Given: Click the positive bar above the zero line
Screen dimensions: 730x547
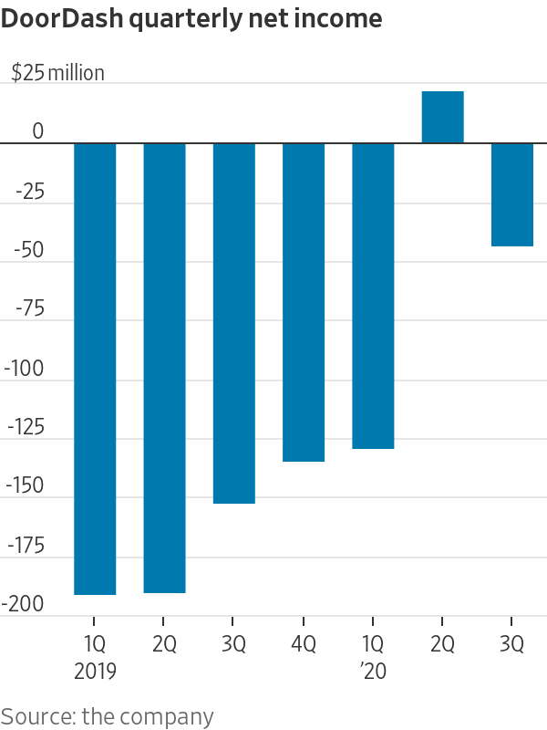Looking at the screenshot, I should tap(442, 118).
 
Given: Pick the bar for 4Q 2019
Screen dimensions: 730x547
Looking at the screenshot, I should tap(304, 302).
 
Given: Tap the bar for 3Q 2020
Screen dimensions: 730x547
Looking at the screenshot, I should tap(512, 194).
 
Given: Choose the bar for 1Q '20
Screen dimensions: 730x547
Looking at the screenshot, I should tap(373, 296).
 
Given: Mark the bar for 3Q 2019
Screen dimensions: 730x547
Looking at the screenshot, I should tap(234, 323).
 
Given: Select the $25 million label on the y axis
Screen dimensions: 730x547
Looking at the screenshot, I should tap(57, 73).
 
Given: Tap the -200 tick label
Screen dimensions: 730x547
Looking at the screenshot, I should tap(26, 605).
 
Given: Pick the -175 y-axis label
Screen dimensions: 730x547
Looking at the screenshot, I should tap(26, 546).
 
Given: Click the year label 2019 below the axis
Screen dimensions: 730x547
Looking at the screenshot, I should tap(95, 672).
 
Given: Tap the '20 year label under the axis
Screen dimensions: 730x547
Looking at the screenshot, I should tap(373, 672).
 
